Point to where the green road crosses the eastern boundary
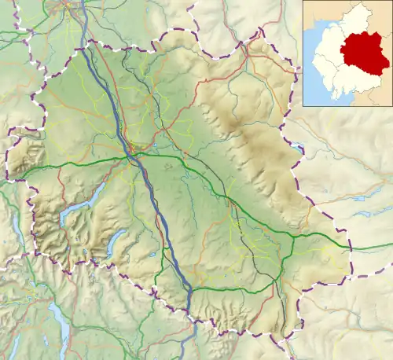(x=349, y=248)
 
